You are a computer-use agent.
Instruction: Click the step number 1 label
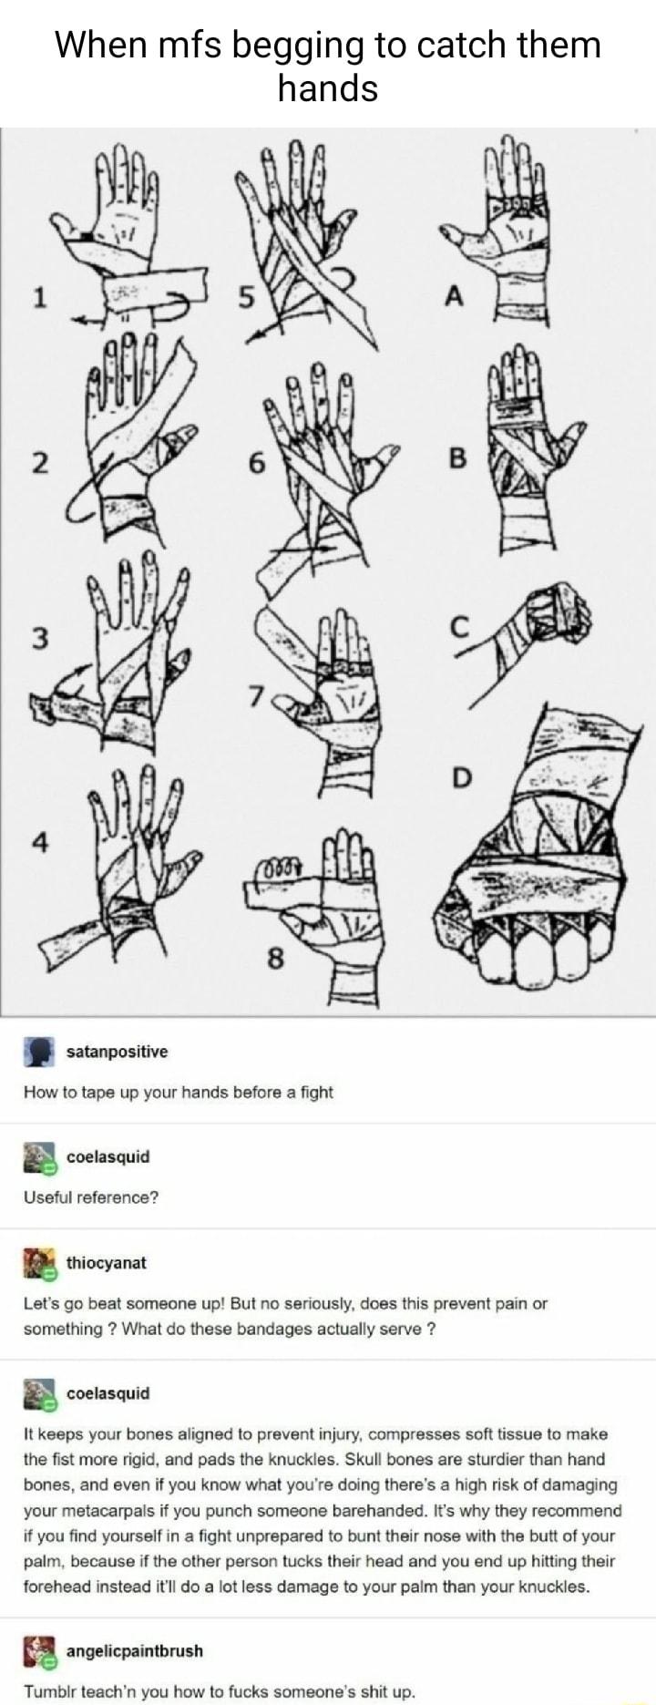click(38, 297)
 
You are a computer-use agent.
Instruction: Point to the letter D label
click(462, 777)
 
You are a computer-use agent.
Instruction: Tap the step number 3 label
click(38, 637)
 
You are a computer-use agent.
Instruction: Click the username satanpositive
click(117, 1052)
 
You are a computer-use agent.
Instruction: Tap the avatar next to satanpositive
click(39, 1053)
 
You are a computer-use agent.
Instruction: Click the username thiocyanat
click(106, 1262)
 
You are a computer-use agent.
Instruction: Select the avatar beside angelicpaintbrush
click(39, 1650)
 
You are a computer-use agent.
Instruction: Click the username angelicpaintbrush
click(135, 1650)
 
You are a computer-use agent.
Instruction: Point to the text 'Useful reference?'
click(91, 1197)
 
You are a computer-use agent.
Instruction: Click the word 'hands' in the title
click(328, 88)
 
